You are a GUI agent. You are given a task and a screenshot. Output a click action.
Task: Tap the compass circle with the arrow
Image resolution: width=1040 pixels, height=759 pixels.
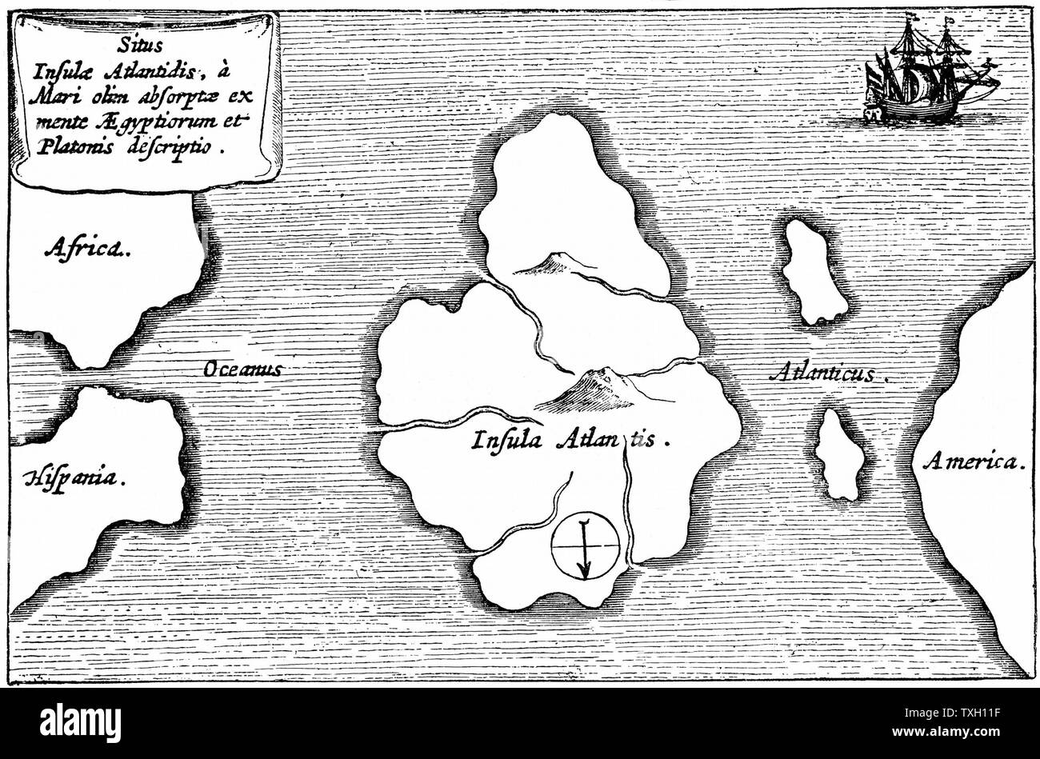pyautogui.click(x=585, y=545)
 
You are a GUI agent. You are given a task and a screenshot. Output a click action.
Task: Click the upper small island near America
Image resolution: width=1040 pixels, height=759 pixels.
pyautogui.click(x=813, y=272)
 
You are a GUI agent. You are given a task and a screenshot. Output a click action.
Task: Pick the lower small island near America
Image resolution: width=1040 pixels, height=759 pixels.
pyautogui.click(x=840, y=454)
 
